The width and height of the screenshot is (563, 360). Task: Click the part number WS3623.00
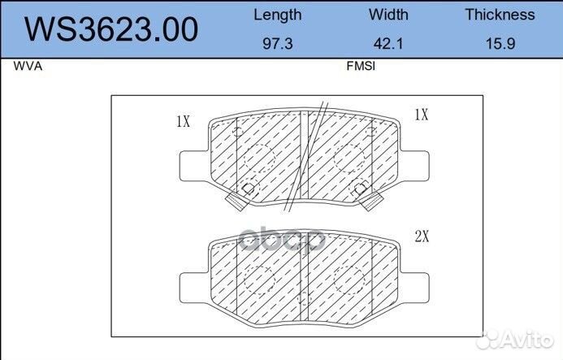pyautogui.click(x=111, y=29)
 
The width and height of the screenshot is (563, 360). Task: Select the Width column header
pyautogui.click(x=388, y=15)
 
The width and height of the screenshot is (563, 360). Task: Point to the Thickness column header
pyautogui.click(x=500, y=15)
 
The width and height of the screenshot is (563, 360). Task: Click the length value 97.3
pyautogui.click(x=278, y=44)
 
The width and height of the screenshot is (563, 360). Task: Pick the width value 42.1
pyautogui.click(x=388, y=44)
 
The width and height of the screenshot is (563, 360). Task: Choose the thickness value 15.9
pyautogui.click(x=500, y=44)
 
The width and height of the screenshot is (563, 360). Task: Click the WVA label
pyautogui.click(x=28, y=66)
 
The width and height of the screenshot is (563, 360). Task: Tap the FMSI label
pyautogui.click(x=361, y=66)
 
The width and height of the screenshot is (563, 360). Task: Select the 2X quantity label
pyautogui.click(x=422, y=236)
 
